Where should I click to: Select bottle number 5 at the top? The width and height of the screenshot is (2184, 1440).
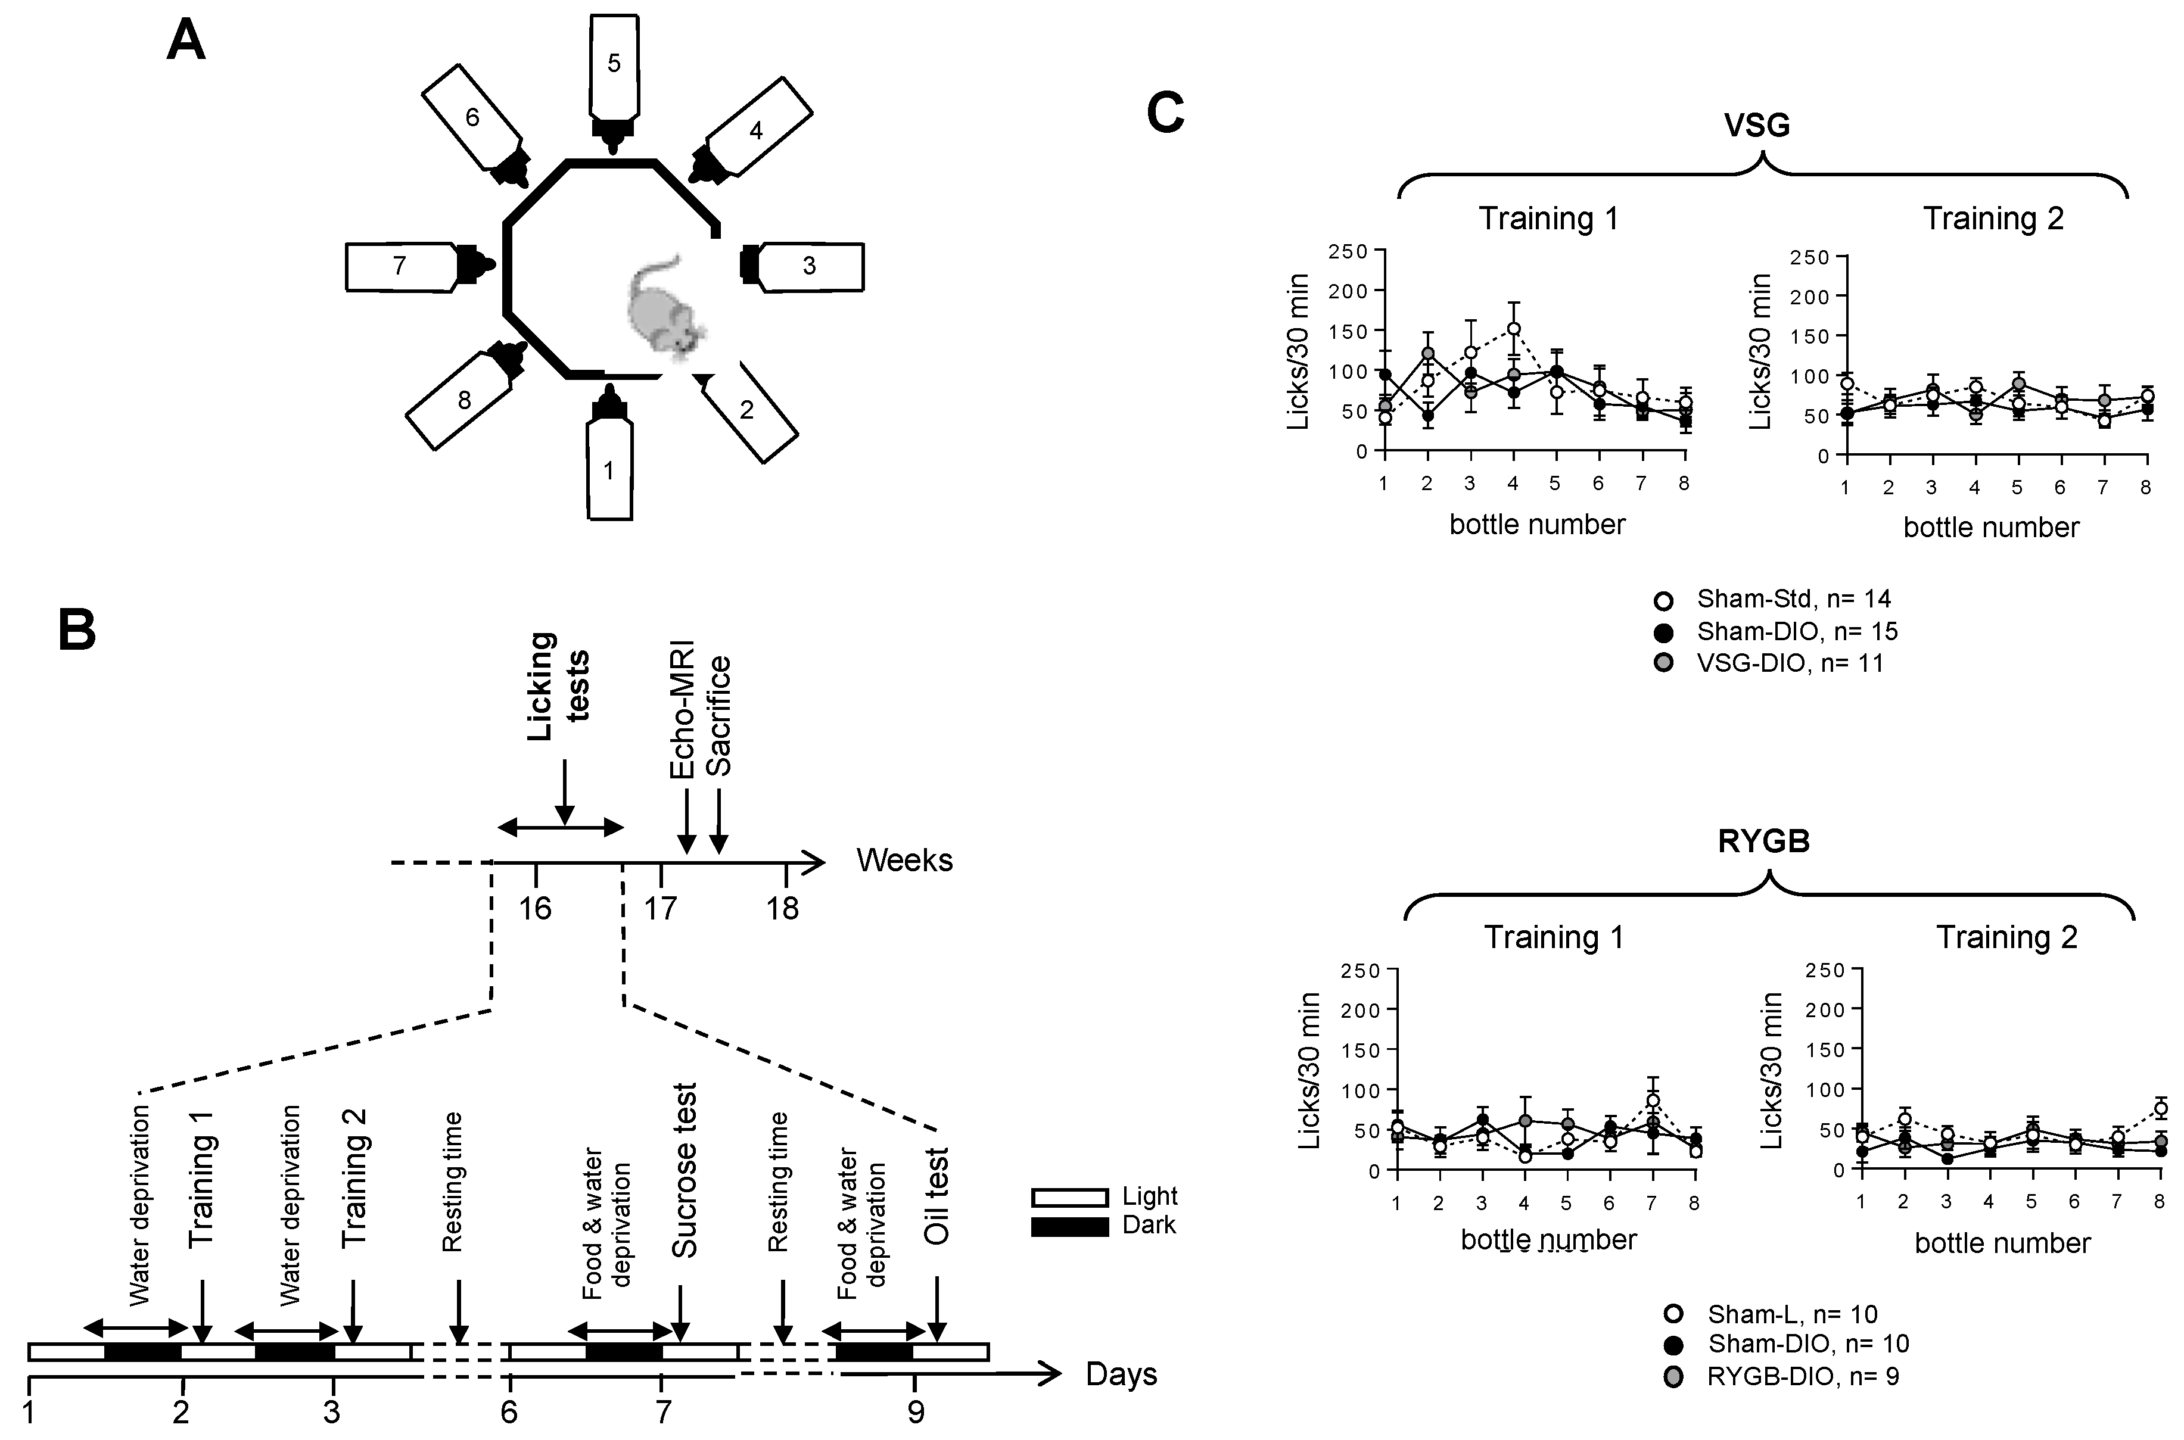point(614,64)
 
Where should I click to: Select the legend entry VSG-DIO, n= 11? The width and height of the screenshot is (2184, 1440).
point(1789,663)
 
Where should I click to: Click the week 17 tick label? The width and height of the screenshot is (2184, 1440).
point(659,909)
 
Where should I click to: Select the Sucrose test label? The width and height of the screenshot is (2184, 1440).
point(685,1171)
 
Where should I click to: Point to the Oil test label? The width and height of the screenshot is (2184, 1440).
point(936,1196)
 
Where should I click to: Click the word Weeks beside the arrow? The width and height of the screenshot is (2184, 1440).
point(905,861)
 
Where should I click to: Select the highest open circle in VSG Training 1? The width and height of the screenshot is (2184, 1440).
point(1514,329)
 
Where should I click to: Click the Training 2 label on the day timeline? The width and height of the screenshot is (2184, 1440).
point(354,1179)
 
